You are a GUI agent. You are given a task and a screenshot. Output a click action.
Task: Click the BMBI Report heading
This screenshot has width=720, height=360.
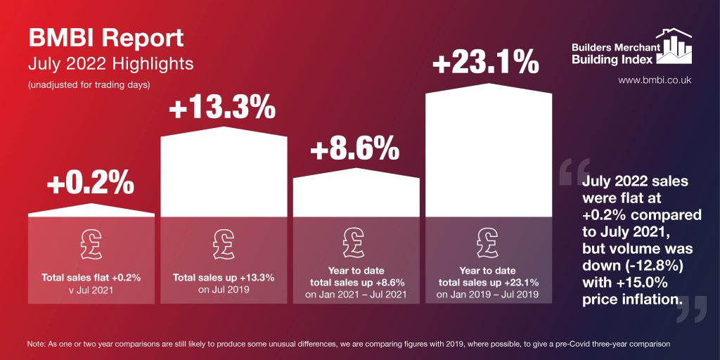(105, 38)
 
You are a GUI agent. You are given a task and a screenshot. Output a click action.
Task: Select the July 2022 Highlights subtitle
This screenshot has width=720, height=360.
(110, 64)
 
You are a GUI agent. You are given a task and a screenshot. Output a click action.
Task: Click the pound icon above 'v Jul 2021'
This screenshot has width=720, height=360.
(91, 243)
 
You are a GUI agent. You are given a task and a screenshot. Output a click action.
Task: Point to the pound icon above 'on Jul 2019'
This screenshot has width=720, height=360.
(224, 243)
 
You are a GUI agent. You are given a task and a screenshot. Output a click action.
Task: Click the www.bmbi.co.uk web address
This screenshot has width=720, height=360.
(655, 80)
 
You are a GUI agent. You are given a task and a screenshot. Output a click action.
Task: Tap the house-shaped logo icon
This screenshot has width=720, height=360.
(674, 46)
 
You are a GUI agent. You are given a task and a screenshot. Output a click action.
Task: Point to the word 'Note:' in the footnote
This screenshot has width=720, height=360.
(37, 344)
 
